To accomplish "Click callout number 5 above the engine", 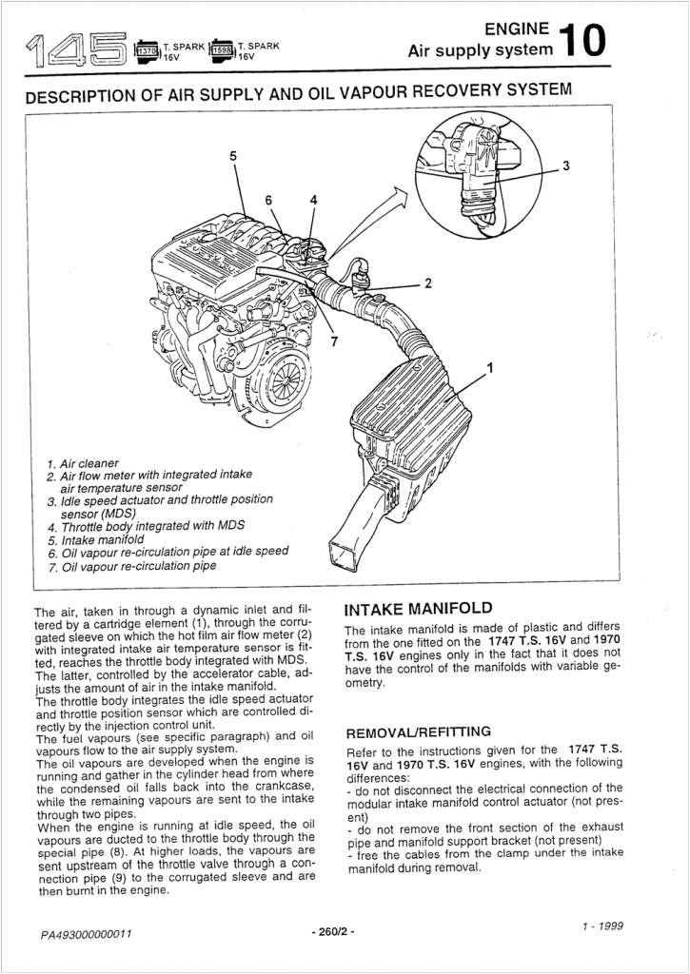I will click(x=233, y=155).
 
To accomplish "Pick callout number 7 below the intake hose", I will click(x=334, y=342).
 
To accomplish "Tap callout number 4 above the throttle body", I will click(x=313, y=200).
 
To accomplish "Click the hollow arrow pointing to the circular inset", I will click(x=388, y=209).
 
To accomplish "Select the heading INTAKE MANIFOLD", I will click(x=418, y=609).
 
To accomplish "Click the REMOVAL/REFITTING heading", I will click(x=417, y=731).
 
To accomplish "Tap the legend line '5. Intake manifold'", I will click(x=100, y=538).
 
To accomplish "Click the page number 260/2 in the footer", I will click(x=333, y=931).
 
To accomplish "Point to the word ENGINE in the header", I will click(x=517, y=29).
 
